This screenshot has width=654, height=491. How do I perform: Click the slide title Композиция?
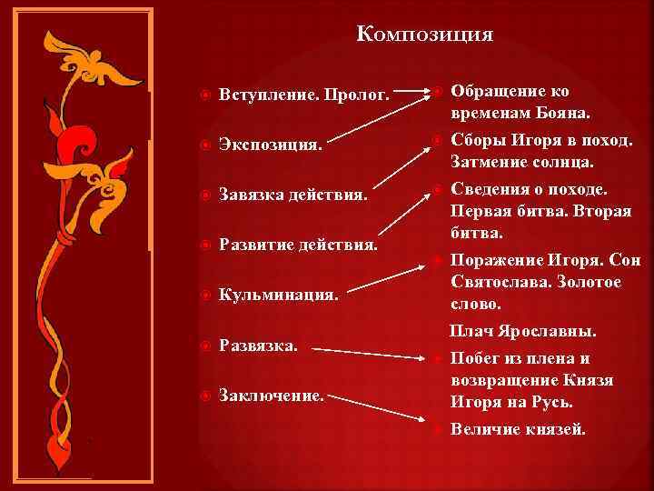(425, 35)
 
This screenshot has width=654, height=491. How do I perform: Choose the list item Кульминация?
(279, 296)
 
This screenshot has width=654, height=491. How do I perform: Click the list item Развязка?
(259, 346)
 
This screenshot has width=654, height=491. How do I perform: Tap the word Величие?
(487, 428)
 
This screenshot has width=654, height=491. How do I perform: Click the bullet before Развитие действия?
(204, 245)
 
